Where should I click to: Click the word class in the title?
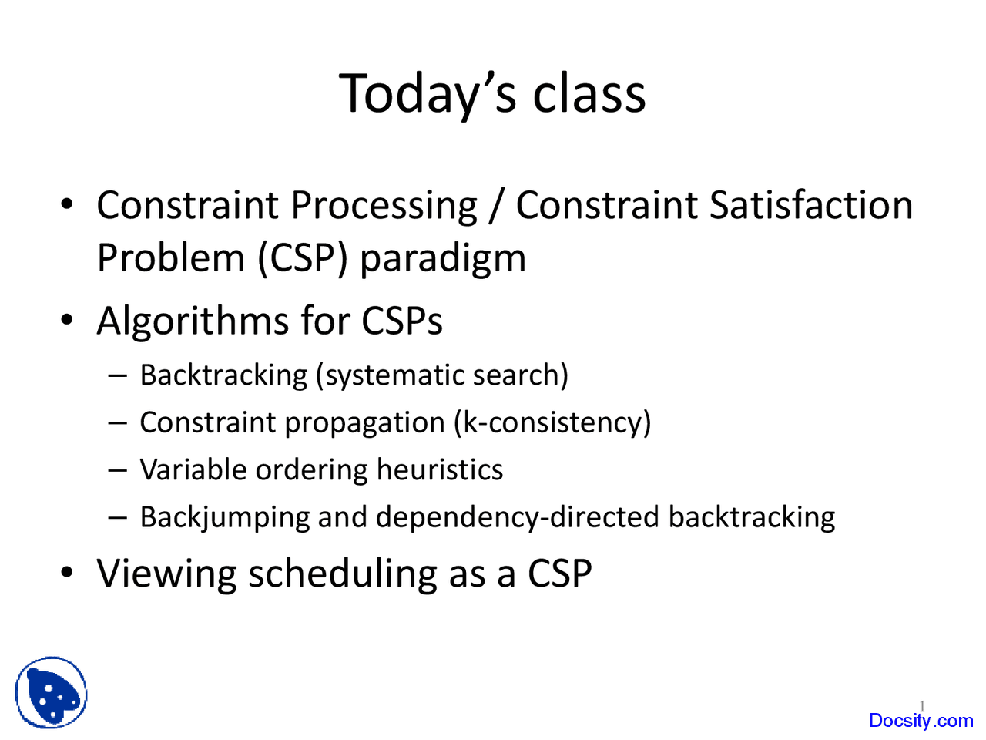[589, 93]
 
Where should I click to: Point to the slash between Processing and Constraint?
[496, 207]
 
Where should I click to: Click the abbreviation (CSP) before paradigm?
[303, 258]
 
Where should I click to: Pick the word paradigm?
[443, 260]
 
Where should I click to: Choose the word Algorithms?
[193, 322]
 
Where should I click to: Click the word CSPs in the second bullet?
[402, 321]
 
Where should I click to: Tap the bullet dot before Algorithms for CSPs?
[67, 319]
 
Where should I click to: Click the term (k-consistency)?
[552, 422]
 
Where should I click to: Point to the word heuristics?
[440, 469]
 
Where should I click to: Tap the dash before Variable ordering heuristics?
[118, 470]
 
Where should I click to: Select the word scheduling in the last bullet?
[343, 574]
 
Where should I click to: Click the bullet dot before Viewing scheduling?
[67, 573]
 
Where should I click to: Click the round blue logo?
[51, 693]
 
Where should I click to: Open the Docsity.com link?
[921, 721]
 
